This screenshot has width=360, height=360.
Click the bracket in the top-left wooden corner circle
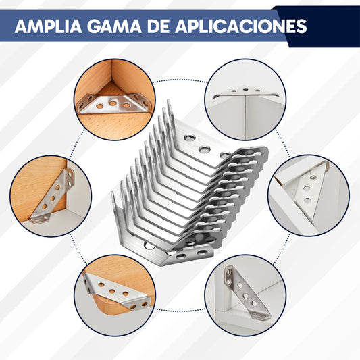tap(109, 103)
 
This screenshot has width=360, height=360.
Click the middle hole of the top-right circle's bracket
tap(244, 89)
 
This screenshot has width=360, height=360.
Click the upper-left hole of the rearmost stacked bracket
tap(191, 137)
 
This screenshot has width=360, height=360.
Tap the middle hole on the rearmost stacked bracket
tap(206, 145)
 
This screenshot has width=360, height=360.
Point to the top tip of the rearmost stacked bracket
tap(169, 103)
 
